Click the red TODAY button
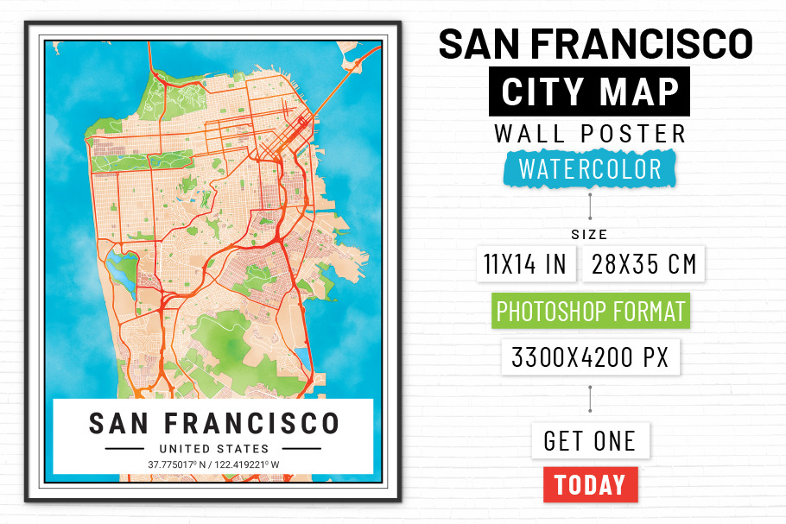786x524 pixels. [x=591, y=484]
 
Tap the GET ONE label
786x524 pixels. [x=590, y=441]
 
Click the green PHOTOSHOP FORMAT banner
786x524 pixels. [x=591, y=311]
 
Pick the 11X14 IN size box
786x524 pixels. [x=525, y=264]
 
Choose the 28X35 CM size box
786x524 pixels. [x=644, y=264]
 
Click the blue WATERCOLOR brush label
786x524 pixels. [x=591, y=169]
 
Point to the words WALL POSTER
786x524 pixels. [x=591, y=134]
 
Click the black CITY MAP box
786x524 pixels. [x=591, y=92]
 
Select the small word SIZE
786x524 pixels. [x=589, y=235]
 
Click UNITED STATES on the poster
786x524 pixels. [x=213, y=449]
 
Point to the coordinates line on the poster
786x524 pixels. [x=213, y=465]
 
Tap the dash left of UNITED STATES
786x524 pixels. [x=124, y=449]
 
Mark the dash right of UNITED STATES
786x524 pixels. [x=301, y=449]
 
